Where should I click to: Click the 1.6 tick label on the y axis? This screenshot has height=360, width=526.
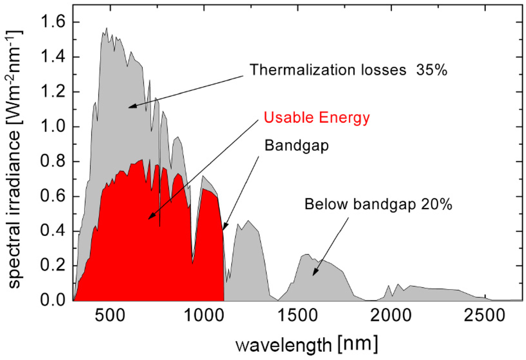(x=53, y=23)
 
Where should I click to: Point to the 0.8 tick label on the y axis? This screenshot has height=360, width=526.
(x=53, y=162)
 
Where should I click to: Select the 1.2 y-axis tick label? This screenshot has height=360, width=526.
(x=53, y=92)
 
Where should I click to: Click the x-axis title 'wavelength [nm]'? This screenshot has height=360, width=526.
(x=307, y=343)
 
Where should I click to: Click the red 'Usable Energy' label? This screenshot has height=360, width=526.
(x=316, y=118)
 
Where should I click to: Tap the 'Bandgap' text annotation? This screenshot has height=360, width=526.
(x=296, y=145)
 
